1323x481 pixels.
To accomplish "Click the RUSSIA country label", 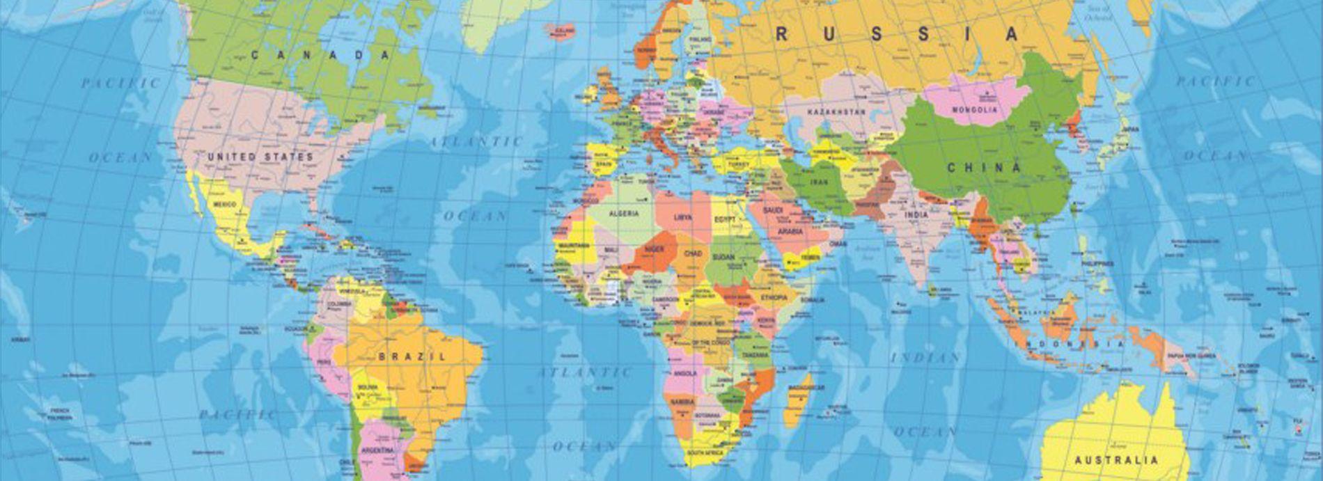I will click(897, 33).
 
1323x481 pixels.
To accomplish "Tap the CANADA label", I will click(320, 55).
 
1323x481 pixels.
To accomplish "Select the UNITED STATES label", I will click(261, 157).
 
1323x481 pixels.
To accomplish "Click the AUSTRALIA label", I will click(1116, 460).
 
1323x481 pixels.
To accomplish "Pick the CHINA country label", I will click(983, 168).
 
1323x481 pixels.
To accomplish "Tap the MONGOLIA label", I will click(975, 110).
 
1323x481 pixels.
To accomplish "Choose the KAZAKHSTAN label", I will click(836, 111).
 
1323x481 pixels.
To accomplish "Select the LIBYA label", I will click(683, 217).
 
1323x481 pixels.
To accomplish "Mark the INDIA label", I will click(916, 215).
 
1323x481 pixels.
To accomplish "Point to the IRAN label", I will click(819, 182).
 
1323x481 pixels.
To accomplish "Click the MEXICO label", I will click(224, 205).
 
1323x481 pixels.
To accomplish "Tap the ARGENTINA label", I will click(377, 450).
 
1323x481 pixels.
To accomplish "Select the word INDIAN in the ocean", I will click(926, 358).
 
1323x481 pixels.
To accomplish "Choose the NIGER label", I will click(655, 249).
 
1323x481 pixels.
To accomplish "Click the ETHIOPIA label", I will click(774, 297).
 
